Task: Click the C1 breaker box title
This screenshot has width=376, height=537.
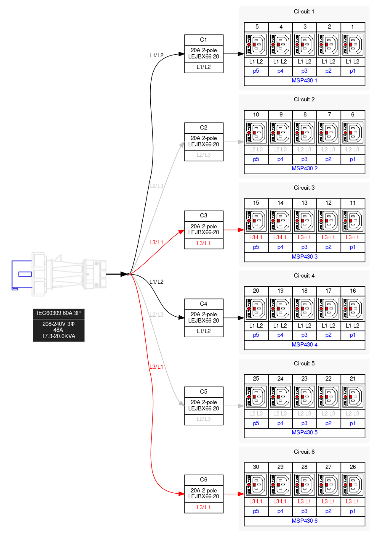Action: [x=203, y=40]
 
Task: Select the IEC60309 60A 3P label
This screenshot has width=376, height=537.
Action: [x=59, y=313]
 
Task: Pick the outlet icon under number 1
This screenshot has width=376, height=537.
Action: [x=352, y=45]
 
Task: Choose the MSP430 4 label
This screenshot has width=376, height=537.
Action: [x=304, y=345]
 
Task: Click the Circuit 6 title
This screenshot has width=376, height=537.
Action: [x=304, y=452]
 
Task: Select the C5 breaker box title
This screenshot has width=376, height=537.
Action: [x=203, y=392]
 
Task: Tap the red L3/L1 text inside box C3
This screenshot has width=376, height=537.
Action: [x=203, y=243]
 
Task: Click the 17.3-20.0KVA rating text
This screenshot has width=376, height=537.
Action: [x=59, y=336]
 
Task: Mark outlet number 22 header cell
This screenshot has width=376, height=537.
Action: [x=328, y=379]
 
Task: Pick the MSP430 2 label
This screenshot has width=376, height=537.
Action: [x=304, y=169]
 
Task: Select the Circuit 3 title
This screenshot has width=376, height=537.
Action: [x=304, y=188]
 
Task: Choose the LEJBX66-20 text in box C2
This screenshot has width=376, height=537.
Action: [x=203, y=144]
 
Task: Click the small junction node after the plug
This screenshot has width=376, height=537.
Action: [x=128, y=274]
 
